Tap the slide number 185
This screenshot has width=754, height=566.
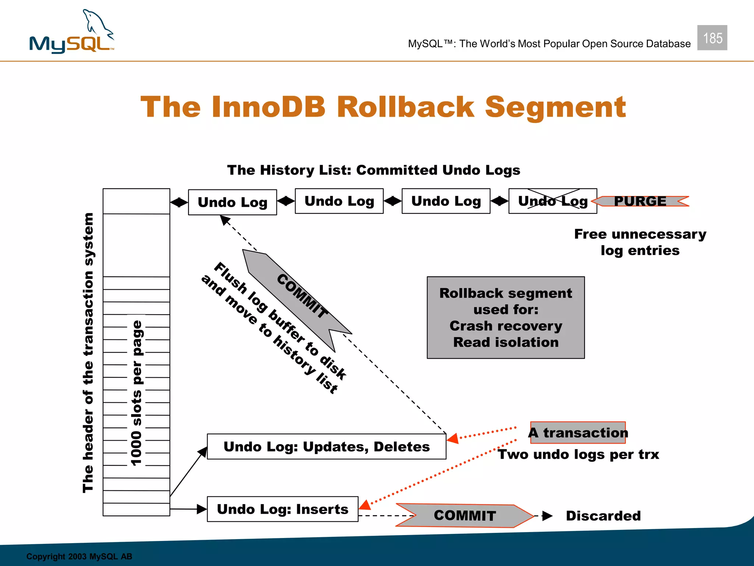click(x=712, y=38)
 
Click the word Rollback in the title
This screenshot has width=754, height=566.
click(x=405, y=107)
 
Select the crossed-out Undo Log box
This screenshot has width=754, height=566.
click(x=552, y=201)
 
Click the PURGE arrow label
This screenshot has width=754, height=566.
click(x=640, y=201)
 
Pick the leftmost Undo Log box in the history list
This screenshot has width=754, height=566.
click(x=232, y=202)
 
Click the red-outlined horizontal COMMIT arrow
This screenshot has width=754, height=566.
click(x=465, y=516)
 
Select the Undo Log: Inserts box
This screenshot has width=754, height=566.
click(x=282, y=509)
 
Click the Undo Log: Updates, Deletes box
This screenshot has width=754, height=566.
click(x=327, y=447)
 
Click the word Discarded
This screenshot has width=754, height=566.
click(x=603, y=516)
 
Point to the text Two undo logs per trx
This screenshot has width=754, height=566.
click(x=578, y=454)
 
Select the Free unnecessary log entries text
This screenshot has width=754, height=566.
click(x=640, y=242)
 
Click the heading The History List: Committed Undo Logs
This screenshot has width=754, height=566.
click(x=373, y=170)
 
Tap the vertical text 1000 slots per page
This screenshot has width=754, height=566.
click(x=137, y=392)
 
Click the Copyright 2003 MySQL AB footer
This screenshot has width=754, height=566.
click(x=79, y=556)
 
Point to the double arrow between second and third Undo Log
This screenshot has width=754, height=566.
click(x=392, y=201)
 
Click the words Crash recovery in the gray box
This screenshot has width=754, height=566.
click(x=505, y=326)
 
